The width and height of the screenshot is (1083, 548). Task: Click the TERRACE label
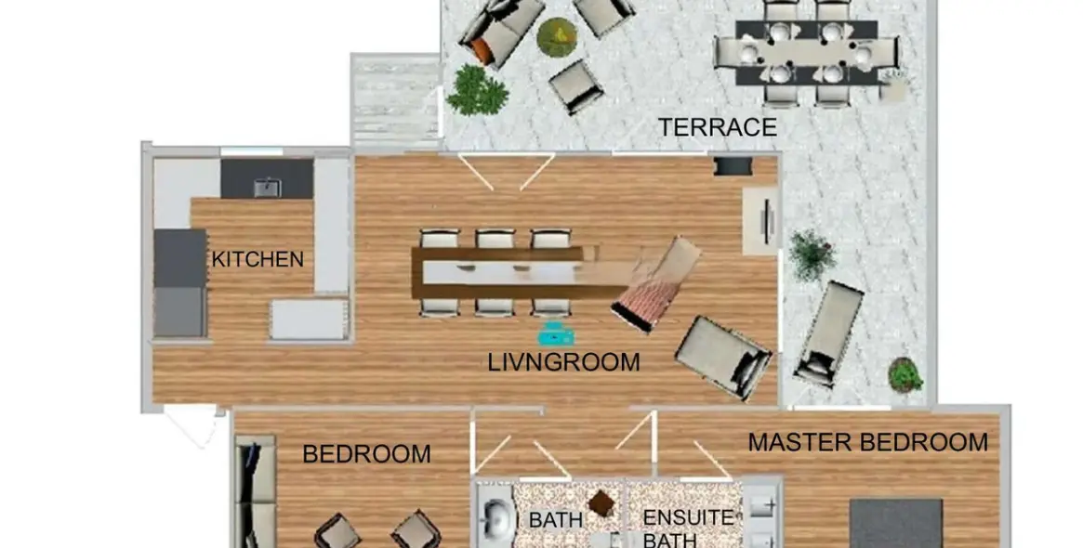tap(717, 127)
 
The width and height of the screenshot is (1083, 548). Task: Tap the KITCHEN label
tap(258, 259)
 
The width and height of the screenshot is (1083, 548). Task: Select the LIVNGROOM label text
tap(563, 362)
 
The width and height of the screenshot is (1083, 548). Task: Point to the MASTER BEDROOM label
tap(868, 442)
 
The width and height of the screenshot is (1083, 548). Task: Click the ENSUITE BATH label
tap(688, 528)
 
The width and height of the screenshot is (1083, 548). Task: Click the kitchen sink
tap(268, 187)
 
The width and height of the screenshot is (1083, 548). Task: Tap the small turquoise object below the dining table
tap(556, 334)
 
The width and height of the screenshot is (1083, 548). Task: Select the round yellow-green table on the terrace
tap(558, 37)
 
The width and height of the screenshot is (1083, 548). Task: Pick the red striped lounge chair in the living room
tap(655, 284)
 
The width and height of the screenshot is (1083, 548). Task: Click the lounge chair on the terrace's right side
tap(829, 333)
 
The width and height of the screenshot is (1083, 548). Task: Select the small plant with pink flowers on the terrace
tap(905, 374)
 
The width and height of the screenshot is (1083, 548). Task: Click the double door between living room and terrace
tap(507, 171)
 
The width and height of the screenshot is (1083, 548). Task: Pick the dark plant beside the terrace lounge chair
tap(812, 254)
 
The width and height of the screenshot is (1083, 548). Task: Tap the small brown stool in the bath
tap(601, 503)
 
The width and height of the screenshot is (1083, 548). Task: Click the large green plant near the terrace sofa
tap(477, 90)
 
